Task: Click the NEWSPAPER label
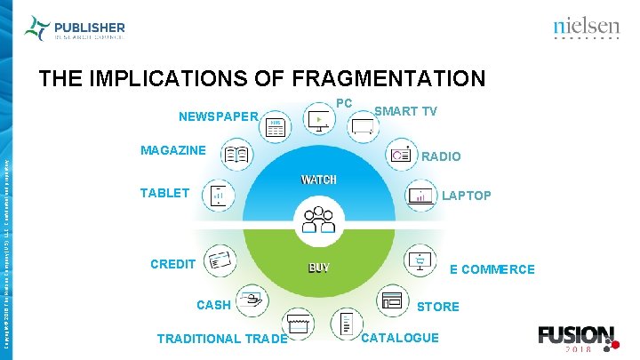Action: point(218,116)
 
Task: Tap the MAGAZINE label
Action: point(172,150)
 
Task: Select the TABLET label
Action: point(164,193)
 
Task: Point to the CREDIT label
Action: point(172,264)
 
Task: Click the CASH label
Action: point(213,305)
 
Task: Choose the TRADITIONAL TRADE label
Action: point(221,339)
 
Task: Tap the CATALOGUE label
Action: point(400,338)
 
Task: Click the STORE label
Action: point(438,307)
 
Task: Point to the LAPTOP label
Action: point(467,196)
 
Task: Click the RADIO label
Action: point(441,156)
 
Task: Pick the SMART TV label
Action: point(405,111)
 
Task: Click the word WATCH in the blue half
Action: point(318,180)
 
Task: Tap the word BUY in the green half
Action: point(318,268)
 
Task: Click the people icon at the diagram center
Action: point(317,219)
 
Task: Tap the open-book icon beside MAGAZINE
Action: point(236,155)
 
